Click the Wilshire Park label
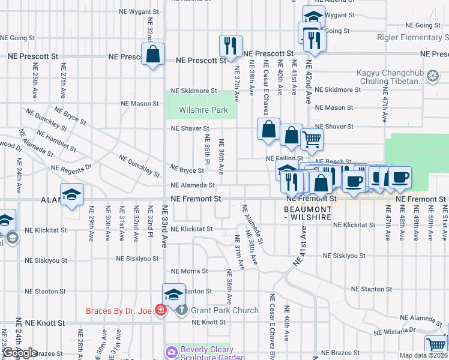click(x=203, y=110)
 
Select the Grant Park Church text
click(x=224, y=310)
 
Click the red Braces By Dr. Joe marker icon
click(x=160, y=310)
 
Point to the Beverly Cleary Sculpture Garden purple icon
click(x=172, y=351)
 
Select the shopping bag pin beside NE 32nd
click(x=154, y=54)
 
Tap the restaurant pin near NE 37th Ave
click(x=230, y=45)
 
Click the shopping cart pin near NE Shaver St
click(x=312, y=139)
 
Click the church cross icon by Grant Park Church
click(x=181, y=310)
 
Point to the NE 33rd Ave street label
click(x=164, y=226)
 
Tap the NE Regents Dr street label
click(x=71, y=168)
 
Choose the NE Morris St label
click(x=189, y=271)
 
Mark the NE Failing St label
click(x=285, y=158)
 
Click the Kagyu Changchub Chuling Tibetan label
click(x=399, y=77)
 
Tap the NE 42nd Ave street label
click(x=310, y=82)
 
